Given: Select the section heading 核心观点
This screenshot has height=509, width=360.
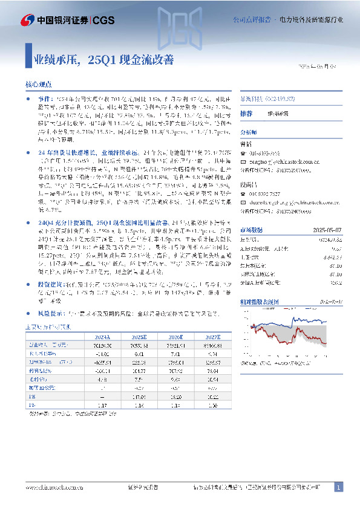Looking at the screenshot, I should (x=38, y=86).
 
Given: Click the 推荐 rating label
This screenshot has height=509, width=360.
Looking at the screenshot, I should (x=246, y=114).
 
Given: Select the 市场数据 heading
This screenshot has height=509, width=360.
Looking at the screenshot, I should (x=252, y=230).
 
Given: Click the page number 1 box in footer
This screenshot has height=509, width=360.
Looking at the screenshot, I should (x=338, y=487).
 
